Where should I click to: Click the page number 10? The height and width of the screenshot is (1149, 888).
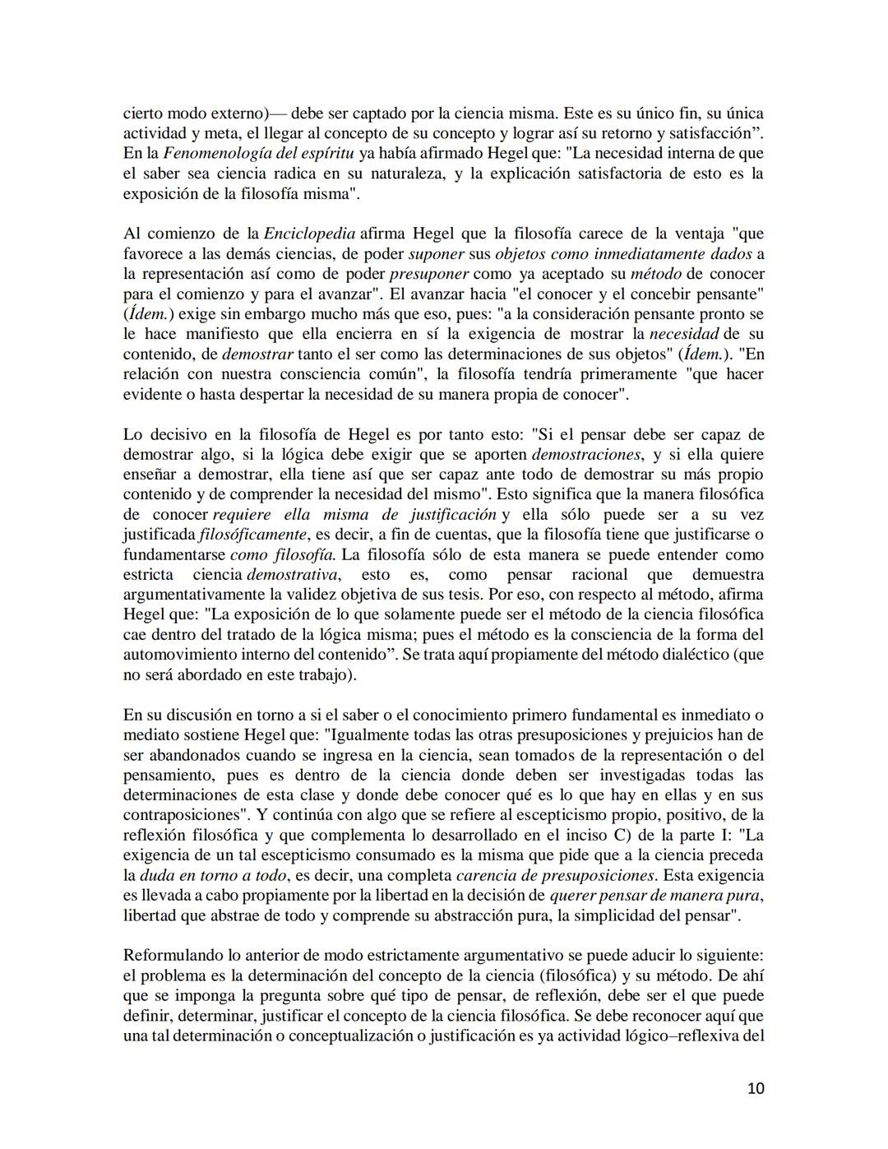point(756,1089)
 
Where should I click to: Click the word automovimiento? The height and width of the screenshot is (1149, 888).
point(177,655)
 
